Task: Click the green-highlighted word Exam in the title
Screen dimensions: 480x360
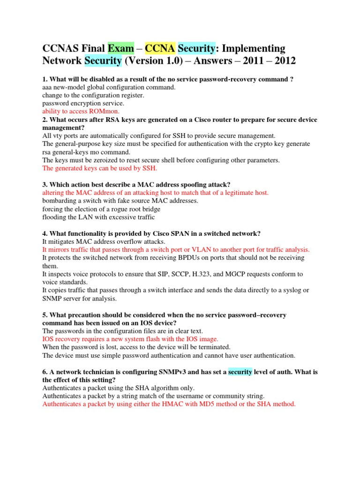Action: tap(120, 48)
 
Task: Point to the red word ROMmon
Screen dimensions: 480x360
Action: tap(100, 111)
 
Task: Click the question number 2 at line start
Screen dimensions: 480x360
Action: tap(44, 120)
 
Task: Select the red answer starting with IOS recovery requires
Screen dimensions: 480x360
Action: tap(130, 339)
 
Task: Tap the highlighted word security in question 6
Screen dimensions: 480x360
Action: tap(240, 372)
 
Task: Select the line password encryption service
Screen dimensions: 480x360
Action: tap(83, 103)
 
